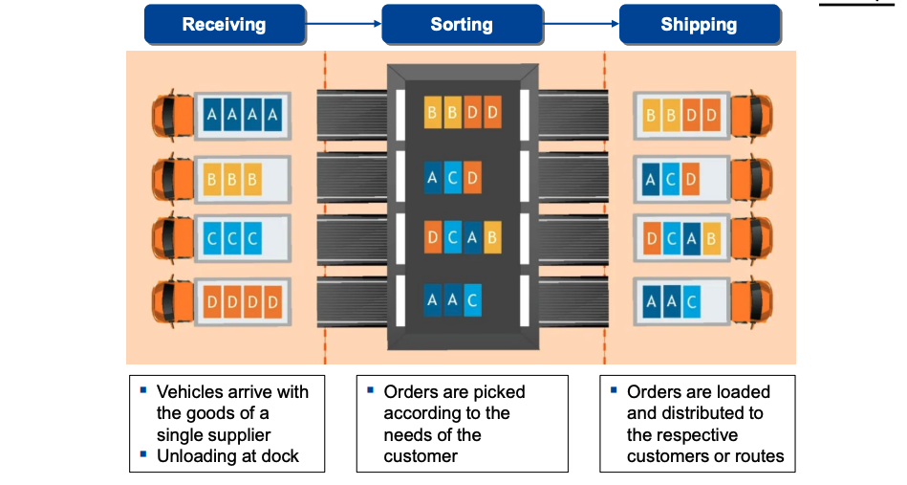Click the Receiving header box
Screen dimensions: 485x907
point(226,25)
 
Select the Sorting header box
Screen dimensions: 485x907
point(462,25)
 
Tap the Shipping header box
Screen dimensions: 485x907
point(699,25)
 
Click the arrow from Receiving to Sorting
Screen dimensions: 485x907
point(344,24)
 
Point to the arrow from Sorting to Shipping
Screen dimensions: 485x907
point(581,24)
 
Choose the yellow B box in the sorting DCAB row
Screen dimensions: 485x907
point(492,237)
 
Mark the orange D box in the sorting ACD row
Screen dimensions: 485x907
point(472,177)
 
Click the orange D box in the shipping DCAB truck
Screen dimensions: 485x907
point(652,239)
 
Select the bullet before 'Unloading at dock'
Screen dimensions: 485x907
point(143,453)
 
